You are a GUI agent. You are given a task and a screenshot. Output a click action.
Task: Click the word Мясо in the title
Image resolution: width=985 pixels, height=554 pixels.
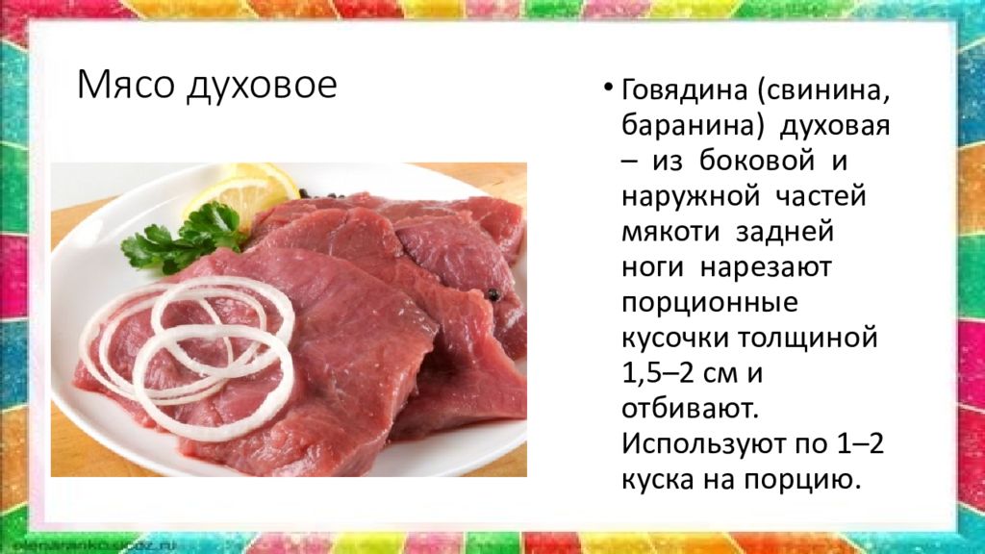coord(126,85)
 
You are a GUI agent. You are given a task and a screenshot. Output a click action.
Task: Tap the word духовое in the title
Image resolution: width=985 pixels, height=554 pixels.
coord(262,86)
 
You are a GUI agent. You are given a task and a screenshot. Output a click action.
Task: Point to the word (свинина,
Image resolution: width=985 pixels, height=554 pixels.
coord(824,91)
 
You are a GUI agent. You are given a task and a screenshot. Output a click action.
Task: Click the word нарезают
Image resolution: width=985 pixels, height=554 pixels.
coord(766,268)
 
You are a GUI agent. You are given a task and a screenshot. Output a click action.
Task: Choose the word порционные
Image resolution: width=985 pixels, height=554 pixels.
coord(710,303)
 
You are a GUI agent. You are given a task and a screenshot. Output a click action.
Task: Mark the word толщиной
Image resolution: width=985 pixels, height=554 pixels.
coord(807,339)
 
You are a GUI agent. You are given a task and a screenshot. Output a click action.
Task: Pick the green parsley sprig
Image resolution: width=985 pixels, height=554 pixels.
coord(183,239)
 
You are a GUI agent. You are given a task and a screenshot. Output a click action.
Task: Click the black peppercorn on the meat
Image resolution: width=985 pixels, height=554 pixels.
coord(493,294)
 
